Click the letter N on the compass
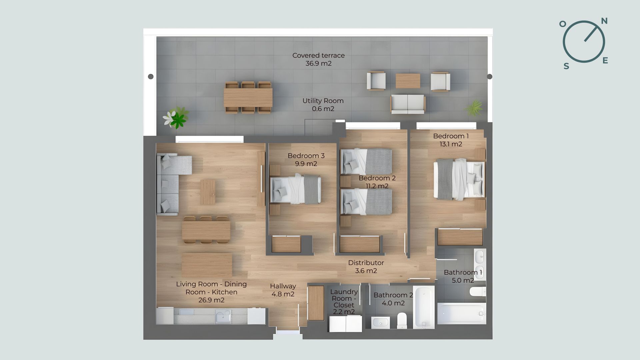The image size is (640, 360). pyautogui.click(x=604, y=21)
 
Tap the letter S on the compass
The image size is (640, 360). pyautogui.click(x=566, y=66)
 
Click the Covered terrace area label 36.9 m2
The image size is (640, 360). pyautogui.click(x=318, y=63)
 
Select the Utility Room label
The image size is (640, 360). pyautogui.click(x=323, y=101)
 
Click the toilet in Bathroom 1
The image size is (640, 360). pyautogui.click(x=478, y=292)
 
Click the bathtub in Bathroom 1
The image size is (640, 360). pyautogui.click(x=462, y=313)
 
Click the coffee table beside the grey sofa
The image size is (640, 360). pyautogui.click(x=208, y=192)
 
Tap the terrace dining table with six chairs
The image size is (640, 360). pyautogui.click(x=248, y=97)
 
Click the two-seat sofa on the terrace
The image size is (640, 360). pyautogui.click(x=408, y=104)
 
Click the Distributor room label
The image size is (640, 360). pyautogui.click(x=366, y=263)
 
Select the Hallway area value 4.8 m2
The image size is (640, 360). pyautogui.click(x=283, y=294)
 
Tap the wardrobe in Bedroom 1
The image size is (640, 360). pyautogui.click(x=460, y=237)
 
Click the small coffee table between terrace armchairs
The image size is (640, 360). pyautogui.click(x=408, y=81)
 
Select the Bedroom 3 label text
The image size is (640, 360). pyautogui.click(x=306, y=156)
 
